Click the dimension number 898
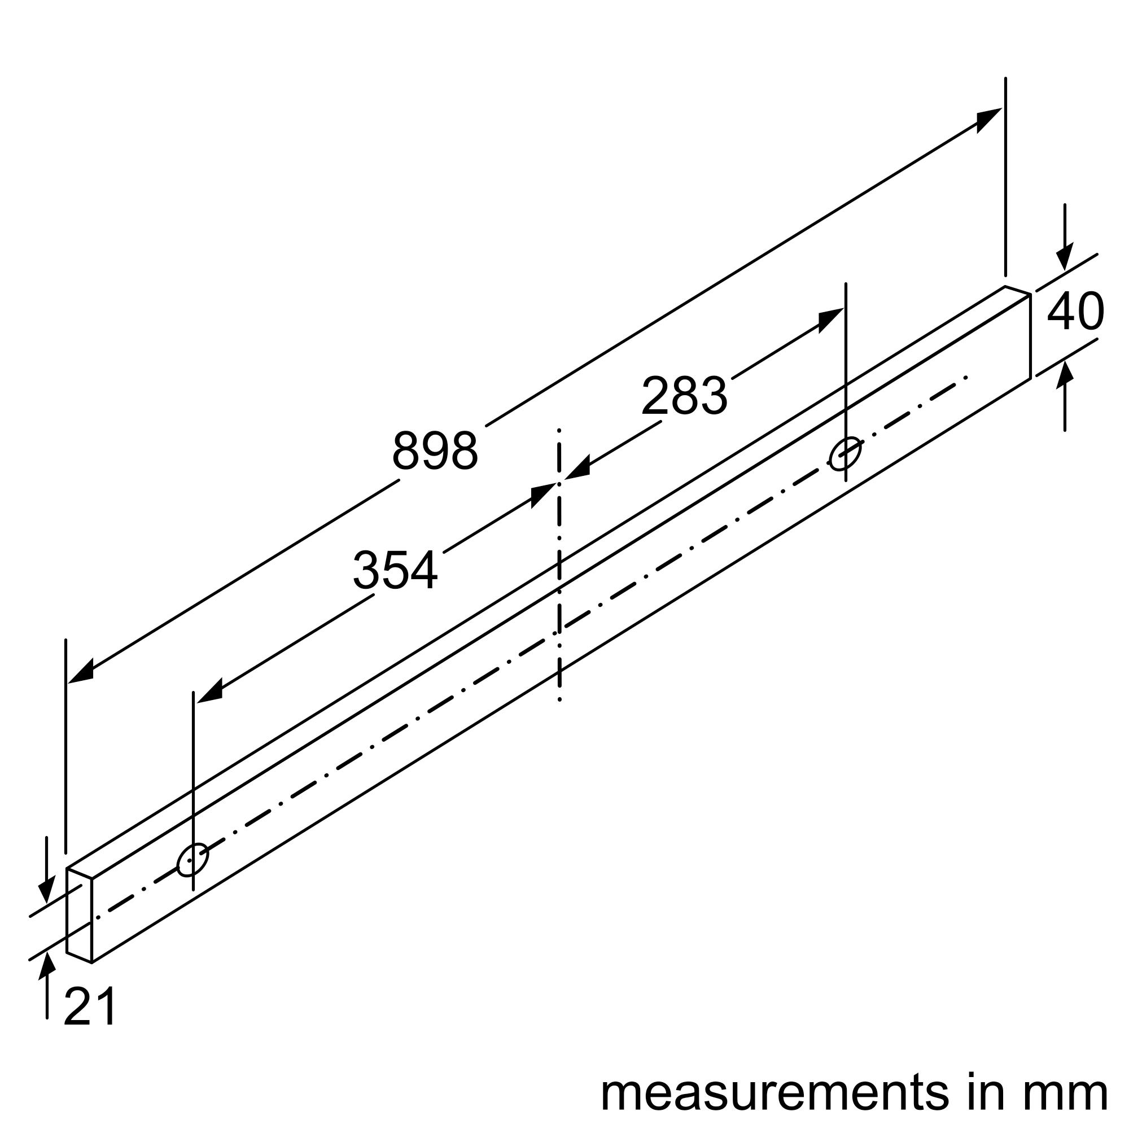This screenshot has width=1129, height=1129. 435,450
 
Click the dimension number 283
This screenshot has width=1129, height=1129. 684,396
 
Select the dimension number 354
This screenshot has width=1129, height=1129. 395,570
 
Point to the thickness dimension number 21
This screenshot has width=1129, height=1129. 90,1007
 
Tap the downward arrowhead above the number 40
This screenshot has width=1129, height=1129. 1065,257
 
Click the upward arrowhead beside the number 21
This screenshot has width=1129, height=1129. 47,965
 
